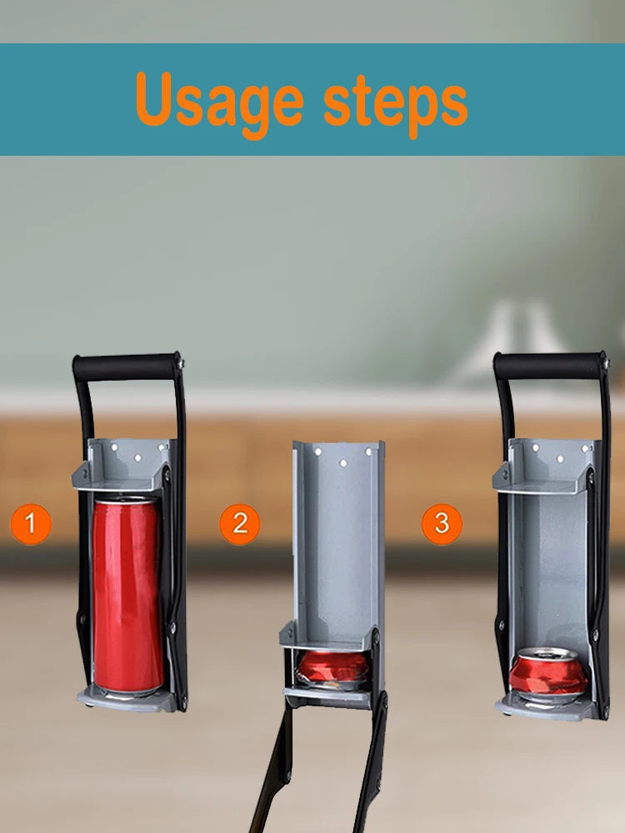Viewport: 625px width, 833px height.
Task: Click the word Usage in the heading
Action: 219,102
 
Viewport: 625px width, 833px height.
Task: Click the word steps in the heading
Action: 395,103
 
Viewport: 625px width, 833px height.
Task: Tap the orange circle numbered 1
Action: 31,524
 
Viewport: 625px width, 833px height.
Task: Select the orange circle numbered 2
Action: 240,524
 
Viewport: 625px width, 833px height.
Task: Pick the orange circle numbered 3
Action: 442,524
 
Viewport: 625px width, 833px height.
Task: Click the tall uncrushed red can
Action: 127,596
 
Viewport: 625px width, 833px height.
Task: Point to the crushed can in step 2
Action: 332,670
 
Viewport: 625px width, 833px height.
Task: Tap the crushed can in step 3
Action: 548,675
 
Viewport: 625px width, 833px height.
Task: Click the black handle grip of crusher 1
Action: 127,367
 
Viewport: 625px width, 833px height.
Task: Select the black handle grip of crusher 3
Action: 549,366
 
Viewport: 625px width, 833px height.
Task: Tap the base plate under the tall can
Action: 127,700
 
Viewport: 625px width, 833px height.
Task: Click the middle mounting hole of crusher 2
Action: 342,463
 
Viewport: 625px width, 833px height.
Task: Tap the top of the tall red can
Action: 127,499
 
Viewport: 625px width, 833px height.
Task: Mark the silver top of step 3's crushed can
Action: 548,654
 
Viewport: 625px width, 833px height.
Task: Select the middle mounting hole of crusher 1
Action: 137,457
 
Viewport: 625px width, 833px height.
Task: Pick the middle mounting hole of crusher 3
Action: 560,458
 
